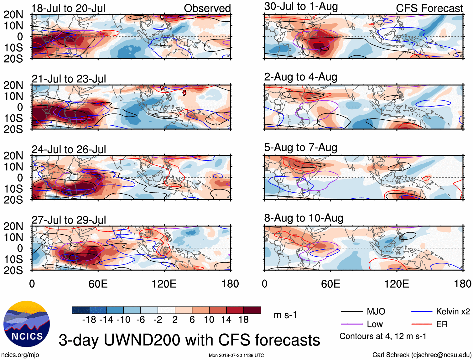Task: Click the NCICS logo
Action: point(27,324)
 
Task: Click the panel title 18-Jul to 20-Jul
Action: point(68,8)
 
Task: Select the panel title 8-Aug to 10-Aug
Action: point(304,218)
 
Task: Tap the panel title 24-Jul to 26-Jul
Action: point(69,149)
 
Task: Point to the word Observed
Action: point(207,8)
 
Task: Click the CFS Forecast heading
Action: point(429,8)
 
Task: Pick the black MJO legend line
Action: point(352,311)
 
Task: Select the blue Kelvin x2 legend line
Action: point(422,311)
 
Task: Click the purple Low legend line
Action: point(352,324)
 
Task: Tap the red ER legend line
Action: point(422,324)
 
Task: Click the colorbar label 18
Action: point(243,320)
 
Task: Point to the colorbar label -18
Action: point(89,320)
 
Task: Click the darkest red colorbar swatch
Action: point(252,310)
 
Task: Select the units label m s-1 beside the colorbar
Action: point(285,315)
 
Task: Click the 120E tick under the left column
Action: point(164,284)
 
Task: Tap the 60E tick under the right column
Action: point(330,284)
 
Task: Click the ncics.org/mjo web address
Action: point(20,355)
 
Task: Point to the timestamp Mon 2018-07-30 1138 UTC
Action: point(236,355)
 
